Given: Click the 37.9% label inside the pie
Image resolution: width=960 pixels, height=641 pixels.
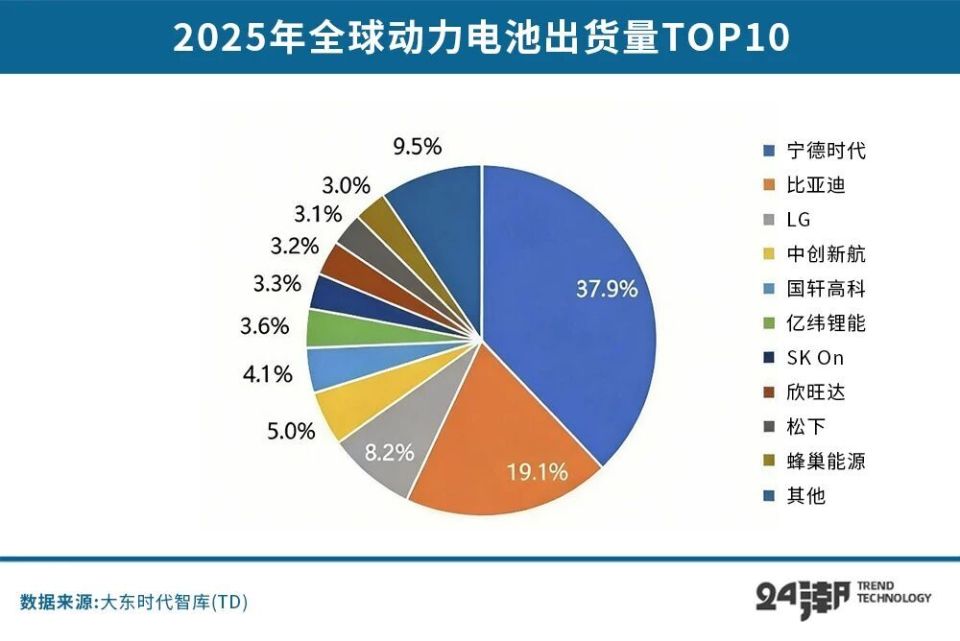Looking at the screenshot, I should [x=607, y=290].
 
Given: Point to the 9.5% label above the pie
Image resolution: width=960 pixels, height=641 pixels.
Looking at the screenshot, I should [x=416, y=147].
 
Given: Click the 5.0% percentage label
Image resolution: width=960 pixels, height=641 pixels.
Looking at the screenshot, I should [x=291, y=431].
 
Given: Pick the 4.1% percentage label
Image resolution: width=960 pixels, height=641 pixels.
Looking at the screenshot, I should [x=267, y=374].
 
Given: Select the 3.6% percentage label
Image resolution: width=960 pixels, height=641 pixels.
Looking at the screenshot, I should [x=265, y=326].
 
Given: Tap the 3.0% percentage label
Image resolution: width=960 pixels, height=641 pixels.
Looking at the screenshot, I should [x=346, y=185].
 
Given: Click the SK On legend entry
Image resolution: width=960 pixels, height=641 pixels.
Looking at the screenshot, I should [x=816, y=358].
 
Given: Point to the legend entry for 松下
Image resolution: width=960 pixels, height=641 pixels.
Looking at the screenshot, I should [x=806, y=427].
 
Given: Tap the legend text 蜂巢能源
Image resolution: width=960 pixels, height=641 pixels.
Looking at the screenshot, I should [x=825, y=461].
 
